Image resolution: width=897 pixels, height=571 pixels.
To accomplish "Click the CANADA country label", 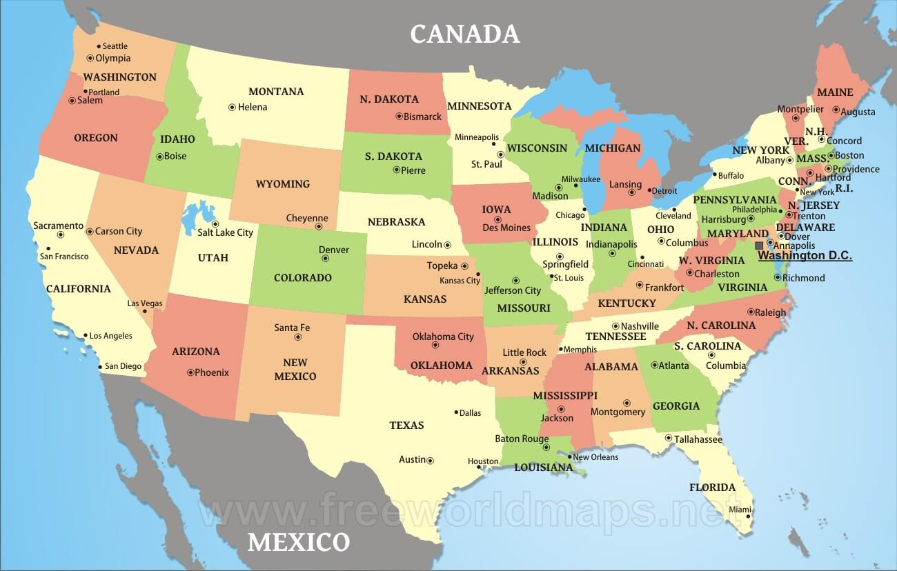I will tap(464, 34).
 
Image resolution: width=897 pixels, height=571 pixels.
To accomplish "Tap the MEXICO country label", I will tap(299, 541).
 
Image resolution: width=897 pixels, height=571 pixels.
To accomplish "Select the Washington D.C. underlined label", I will tap(805, 256).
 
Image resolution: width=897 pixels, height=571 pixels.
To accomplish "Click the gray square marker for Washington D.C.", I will tap(759, 246).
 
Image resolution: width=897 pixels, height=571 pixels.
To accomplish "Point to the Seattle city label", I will tap(115, 46).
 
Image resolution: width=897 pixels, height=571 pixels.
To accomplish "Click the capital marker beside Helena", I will tap(232, 107).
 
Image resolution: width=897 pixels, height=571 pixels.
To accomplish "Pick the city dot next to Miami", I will tap(748, 516).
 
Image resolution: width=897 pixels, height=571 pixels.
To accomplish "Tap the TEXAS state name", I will tap(406, 425).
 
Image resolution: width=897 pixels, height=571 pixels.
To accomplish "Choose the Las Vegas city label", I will tap(145, 303).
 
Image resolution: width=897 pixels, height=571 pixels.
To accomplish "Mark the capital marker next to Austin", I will tap(430, 460).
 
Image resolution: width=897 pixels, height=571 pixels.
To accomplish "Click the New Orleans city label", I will tap(595, 457).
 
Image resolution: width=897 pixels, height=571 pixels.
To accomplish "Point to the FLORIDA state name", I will tap(712, 488).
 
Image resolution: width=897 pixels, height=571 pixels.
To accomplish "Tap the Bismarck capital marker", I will tap(399, 116).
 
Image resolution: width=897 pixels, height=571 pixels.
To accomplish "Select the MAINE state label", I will tap(835, 92).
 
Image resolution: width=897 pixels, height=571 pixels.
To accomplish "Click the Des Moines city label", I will tap(506, 228).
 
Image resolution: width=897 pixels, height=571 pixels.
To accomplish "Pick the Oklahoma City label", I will tap(443, 337).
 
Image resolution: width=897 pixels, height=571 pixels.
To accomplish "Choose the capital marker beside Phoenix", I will tap(190, 372).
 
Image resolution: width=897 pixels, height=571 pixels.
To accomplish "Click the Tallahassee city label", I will tap(698, 439).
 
